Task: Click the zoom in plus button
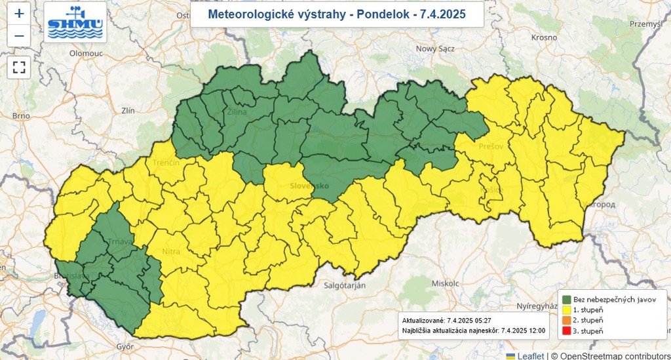coord(19,13)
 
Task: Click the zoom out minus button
coord(19,35)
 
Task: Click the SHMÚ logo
coord(75,22)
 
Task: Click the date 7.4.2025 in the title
coord(443,14)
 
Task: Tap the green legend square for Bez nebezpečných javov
coord(567,299)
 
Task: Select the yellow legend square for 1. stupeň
coord(567,310)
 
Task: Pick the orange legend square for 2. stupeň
coord(567,320)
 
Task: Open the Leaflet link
coord(531,355)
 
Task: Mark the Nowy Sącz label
coord(435,49)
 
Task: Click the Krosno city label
coord(543,37)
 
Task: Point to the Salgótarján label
coord(344,285)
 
